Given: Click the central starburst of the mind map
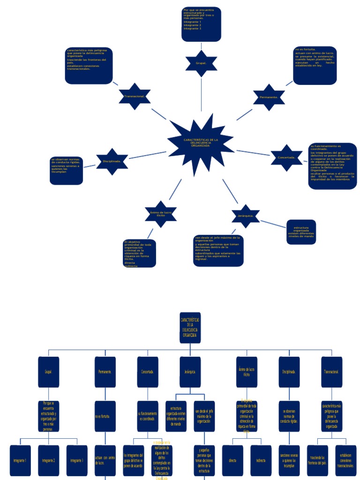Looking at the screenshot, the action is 200,143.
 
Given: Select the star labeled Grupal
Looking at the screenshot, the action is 201,63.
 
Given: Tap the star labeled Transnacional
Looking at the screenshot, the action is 135,97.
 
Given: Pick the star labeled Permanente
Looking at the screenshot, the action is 269,97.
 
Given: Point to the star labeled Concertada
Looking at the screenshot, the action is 286,158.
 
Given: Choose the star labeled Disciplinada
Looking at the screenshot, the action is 112,161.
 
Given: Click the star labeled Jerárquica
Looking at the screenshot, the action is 245,216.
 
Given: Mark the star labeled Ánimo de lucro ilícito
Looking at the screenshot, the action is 161,214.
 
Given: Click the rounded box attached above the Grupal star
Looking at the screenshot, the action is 201,24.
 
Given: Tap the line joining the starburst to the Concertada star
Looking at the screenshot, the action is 253,153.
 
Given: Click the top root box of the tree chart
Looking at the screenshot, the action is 190,328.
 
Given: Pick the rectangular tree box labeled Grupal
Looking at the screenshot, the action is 49,372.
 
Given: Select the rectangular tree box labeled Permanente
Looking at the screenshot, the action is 105,372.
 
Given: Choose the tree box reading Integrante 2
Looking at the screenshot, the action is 48,460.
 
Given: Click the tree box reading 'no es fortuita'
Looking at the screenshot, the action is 105,416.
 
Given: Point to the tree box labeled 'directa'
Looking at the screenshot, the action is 232,460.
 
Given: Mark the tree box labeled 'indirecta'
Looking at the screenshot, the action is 261,460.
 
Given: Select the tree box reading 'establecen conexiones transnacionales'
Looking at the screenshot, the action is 345,460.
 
